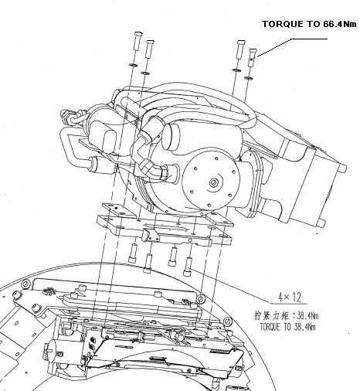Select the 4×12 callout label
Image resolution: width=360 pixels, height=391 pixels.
[x=289, y=297]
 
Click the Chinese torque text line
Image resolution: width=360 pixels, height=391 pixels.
[x=287, y=315]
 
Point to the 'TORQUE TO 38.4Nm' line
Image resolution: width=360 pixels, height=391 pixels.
[x=287, y=327]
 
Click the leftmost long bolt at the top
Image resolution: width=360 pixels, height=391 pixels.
[x=138, y=41]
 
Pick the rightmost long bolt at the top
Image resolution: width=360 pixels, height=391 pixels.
[x=253, y=58]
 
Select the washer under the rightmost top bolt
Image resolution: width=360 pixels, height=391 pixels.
[x=248, y=78]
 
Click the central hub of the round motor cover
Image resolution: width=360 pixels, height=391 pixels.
[x=214, y=182]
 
